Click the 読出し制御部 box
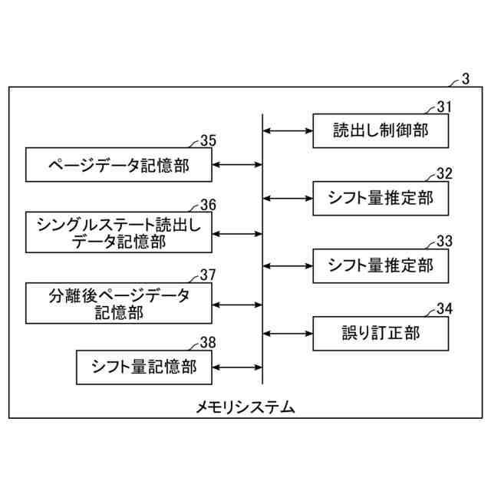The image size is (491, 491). point(380,131)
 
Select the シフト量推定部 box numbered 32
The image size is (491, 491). point(380,198)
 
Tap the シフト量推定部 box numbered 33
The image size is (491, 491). point(380,265)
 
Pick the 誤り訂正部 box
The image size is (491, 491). point(380,333)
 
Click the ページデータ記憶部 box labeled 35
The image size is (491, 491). point(119,164)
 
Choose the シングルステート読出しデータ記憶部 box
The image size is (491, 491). point(119,231)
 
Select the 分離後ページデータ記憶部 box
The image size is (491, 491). point(119,303)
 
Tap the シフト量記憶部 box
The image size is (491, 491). point(143,367)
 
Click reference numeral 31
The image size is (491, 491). point(444,107)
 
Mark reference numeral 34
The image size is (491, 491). point(444,308)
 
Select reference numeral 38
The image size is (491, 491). point(208,342)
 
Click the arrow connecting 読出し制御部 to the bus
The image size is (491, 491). point(288,131)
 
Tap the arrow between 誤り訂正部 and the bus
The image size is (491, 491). point(288,333)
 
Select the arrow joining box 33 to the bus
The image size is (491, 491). point(288,265)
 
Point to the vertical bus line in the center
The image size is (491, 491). point(262,245)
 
